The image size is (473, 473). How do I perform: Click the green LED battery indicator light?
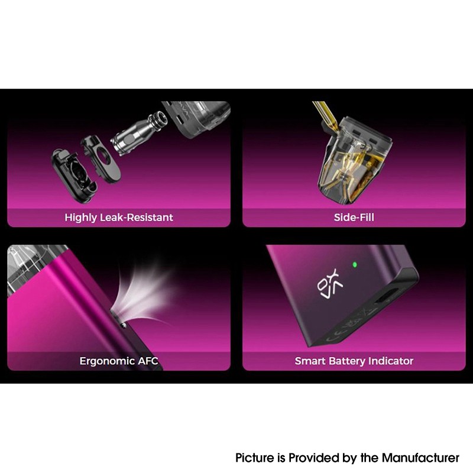(x=354, y=264)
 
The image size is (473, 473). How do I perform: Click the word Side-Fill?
(x=354, y=218)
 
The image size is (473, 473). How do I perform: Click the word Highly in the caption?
(x=80, y=218)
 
